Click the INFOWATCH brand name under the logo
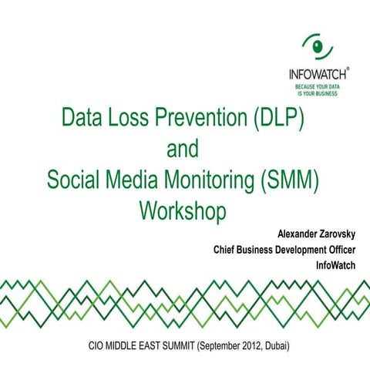316,75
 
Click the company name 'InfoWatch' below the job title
336,266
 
